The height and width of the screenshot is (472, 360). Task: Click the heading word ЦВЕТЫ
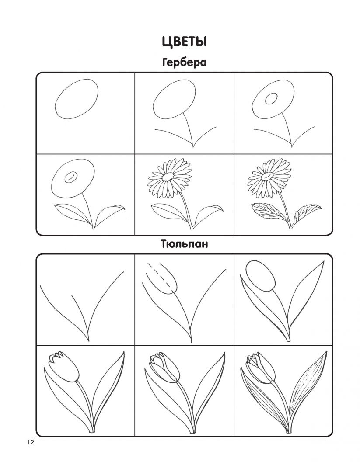pos(184,42)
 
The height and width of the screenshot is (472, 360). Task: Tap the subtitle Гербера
pos(184,63)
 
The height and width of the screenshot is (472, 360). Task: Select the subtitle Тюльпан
pos(184,243)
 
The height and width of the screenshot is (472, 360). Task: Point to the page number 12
pos(31,442)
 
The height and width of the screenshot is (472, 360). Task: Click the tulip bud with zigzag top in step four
pos(64,367)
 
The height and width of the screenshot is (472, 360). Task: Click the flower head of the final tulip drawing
pos(261,368)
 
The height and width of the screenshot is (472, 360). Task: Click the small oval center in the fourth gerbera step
pos(71,177)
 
